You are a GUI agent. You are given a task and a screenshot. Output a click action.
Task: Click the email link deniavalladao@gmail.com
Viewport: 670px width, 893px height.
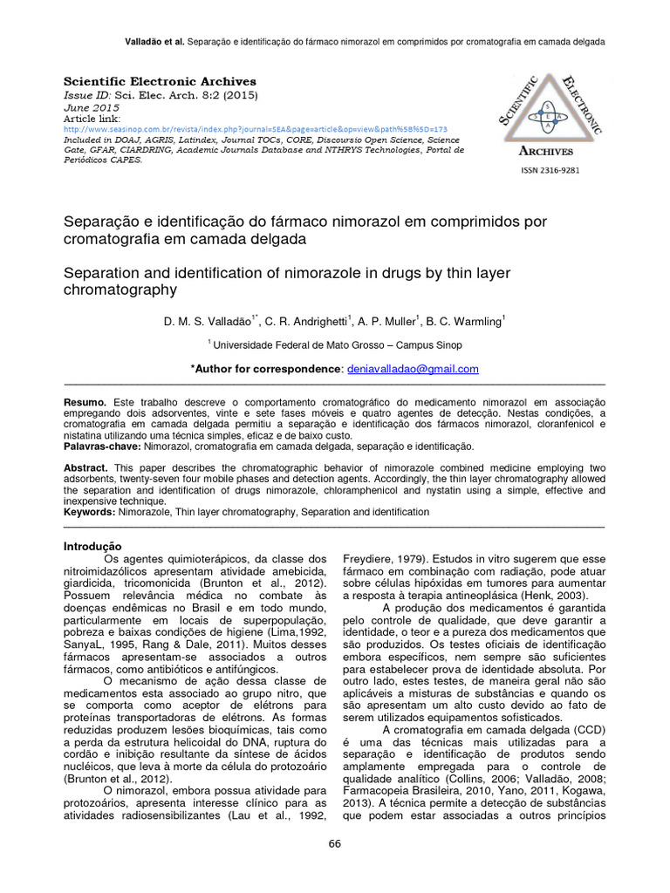tap(413, 369)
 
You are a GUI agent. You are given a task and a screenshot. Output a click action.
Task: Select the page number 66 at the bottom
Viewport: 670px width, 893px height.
tap(335, 843)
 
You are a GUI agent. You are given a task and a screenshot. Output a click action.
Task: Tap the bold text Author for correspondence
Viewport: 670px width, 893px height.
tap(268, 369)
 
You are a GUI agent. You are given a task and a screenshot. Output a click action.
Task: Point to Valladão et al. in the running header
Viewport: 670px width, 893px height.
tap(155, 41)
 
